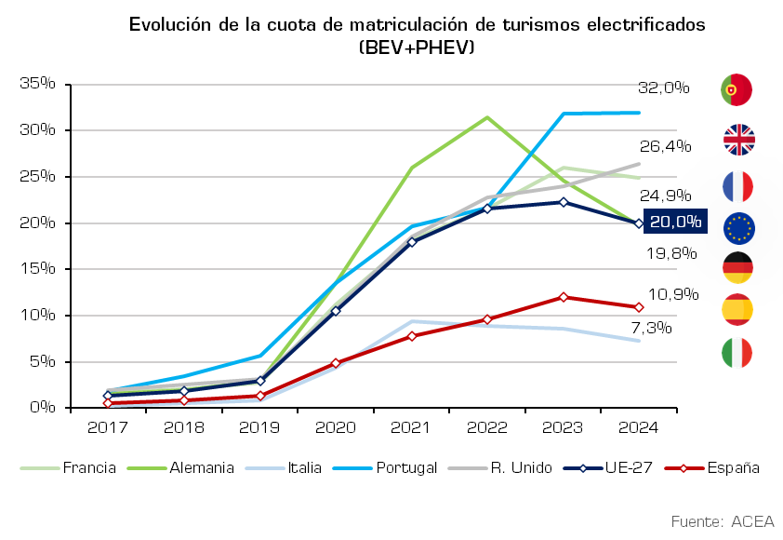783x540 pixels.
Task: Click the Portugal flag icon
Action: [737, 90]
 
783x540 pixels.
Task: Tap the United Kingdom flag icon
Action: [738, 140]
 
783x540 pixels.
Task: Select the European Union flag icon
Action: [738, 228]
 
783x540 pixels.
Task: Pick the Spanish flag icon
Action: [737, 309]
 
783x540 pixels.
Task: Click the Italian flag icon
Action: [737, 353]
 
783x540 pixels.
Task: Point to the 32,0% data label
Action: [664, 88]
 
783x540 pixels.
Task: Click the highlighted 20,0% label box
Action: [675, 221]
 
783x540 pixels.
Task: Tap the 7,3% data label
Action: [652, 328]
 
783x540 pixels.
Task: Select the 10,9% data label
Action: [673, 294]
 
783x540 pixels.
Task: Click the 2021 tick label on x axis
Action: [410, 427]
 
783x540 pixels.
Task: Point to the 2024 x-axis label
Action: [638, 427]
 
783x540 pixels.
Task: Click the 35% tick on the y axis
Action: [37, 83]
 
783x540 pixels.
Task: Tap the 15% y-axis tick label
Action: [37, 268]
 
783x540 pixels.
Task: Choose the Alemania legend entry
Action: [180, 468]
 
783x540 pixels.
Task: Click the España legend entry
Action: [711, 468]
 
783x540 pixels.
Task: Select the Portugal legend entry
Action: [384, 468]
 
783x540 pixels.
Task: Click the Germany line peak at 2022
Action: [487, 117]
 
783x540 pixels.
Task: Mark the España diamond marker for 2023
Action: [564, 297]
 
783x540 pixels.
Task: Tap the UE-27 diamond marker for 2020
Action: [336, 311]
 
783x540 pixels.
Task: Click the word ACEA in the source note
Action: [752, 521]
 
